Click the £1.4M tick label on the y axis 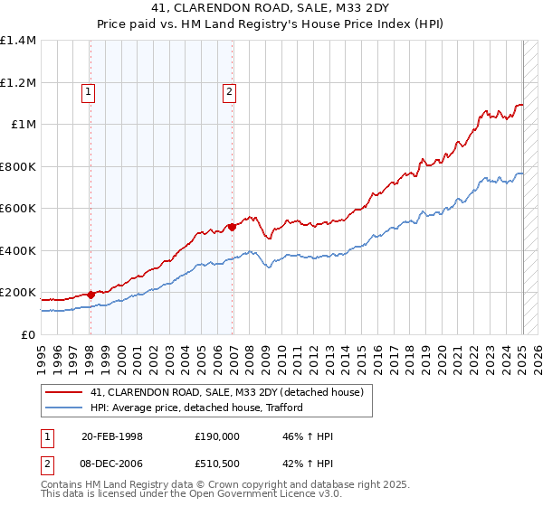coord(18,41)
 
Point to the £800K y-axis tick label coord(18,166)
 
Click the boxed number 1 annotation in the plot coord(90,90)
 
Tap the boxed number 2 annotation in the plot coord(230,90)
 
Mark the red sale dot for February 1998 coord(90,294)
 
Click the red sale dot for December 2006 coord(232,227)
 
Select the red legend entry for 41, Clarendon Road coord(226,391)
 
